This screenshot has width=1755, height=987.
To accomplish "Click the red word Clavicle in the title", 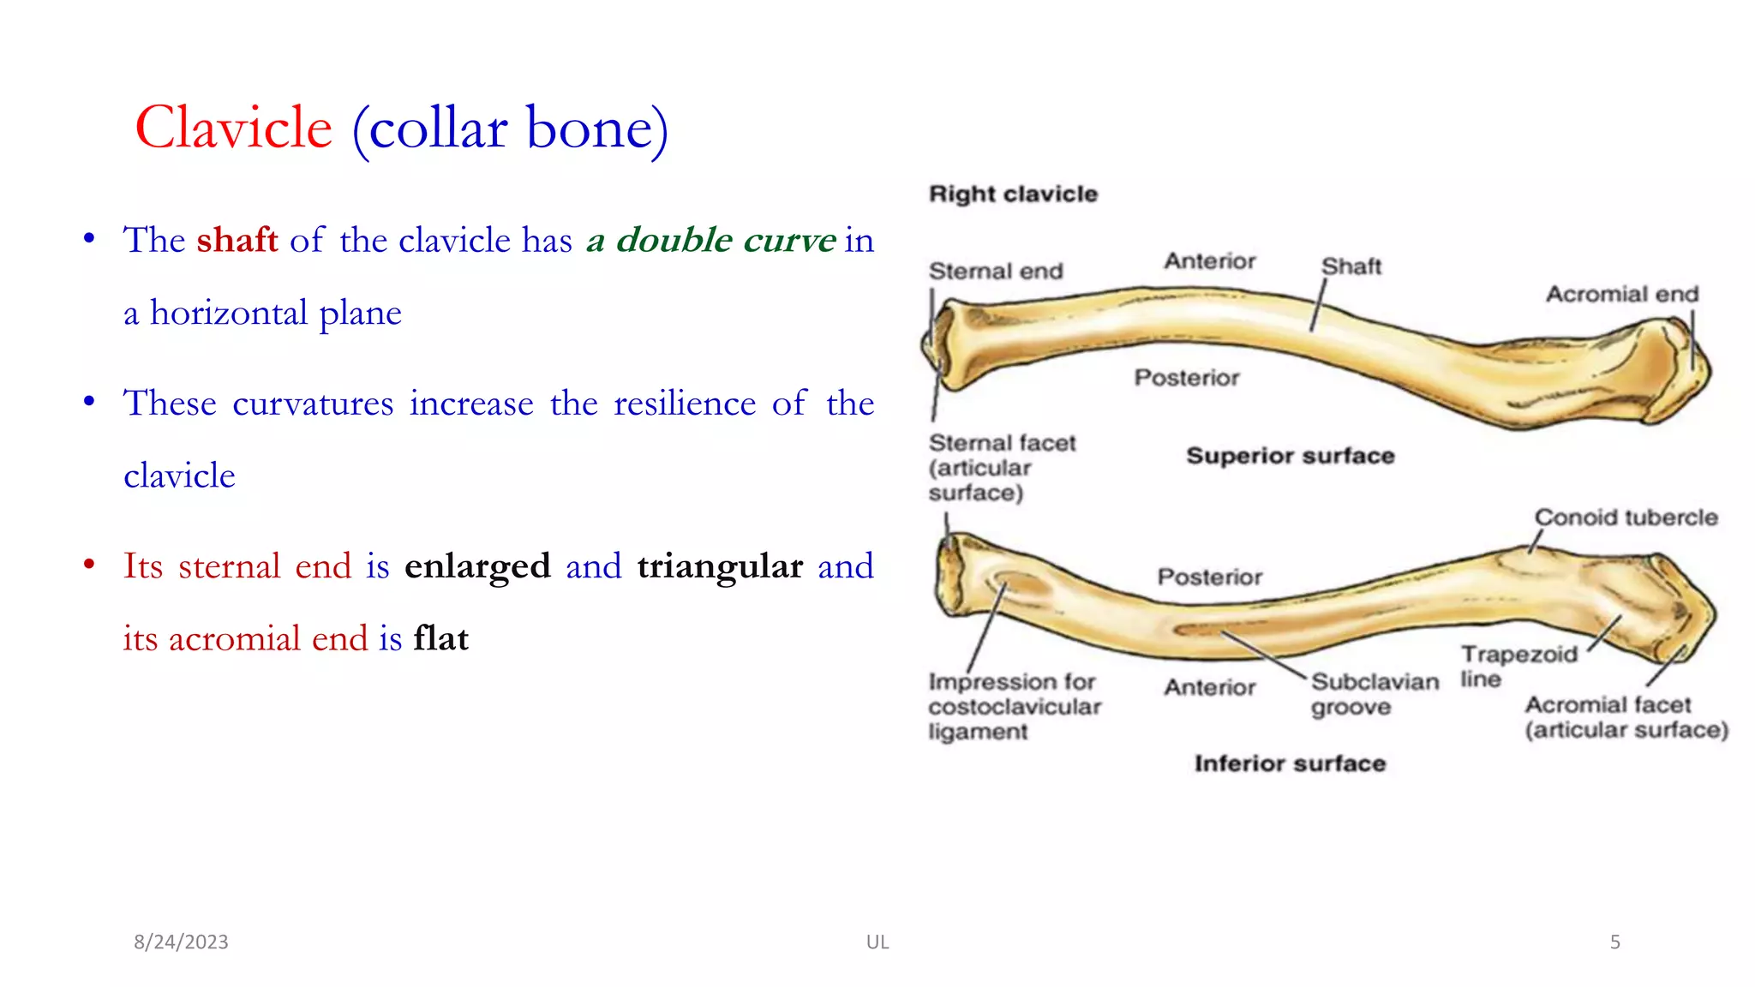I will [x=233, y=129].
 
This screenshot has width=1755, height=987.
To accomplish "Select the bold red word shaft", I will [x=237, y=240].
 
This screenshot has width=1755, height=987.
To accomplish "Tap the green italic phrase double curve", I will [x=725, y=240].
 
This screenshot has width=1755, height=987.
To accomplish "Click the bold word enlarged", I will [x=477, y=566].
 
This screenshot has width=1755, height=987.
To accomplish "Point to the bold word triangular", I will [x=720, y=566].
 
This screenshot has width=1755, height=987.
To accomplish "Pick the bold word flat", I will [x=440, y=639].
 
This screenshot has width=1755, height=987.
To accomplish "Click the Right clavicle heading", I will [x=1013, y=194].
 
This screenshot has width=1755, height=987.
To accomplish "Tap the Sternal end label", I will [x=996, y=271].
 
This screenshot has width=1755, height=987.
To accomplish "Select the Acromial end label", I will [x=1621, y=294].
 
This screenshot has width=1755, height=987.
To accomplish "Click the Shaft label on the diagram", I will [x=1351, y=266].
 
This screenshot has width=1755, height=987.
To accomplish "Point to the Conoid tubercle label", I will [x=1626, y=517].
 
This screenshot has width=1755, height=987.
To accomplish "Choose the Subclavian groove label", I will [x=1374, y=694].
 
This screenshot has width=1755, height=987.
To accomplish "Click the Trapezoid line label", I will [x=1518, y=666].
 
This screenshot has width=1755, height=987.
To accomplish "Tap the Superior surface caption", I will [x=1290, y=456].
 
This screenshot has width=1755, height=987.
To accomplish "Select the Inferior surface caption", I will [x=1290, y=763].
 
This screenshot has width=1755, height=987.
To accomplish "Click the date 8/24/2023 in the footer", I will [x=181, y=942].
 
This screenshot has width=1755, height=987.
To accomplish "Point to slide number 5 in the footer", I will [x=1614, y=942].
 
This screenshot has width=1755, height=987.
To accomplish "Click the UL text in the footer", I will [x=877, y=942].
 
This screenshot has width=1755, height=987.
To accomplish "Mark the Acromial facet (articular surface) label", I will [x=1625, y=717].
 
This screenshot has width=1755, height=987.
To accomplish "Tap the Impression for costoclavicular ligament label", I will [x=1014, y=706].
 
